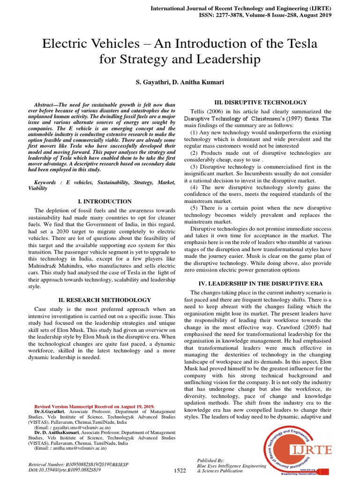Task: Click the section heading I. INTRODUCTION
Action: coord(105,201)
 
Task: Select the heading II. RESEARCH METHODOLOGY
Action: coord(105,300)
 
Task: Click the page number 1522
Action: coord(180,470)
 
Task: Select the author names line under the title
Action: coord(180,82)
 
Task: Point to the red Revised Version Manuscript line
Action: coord(95,406)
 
